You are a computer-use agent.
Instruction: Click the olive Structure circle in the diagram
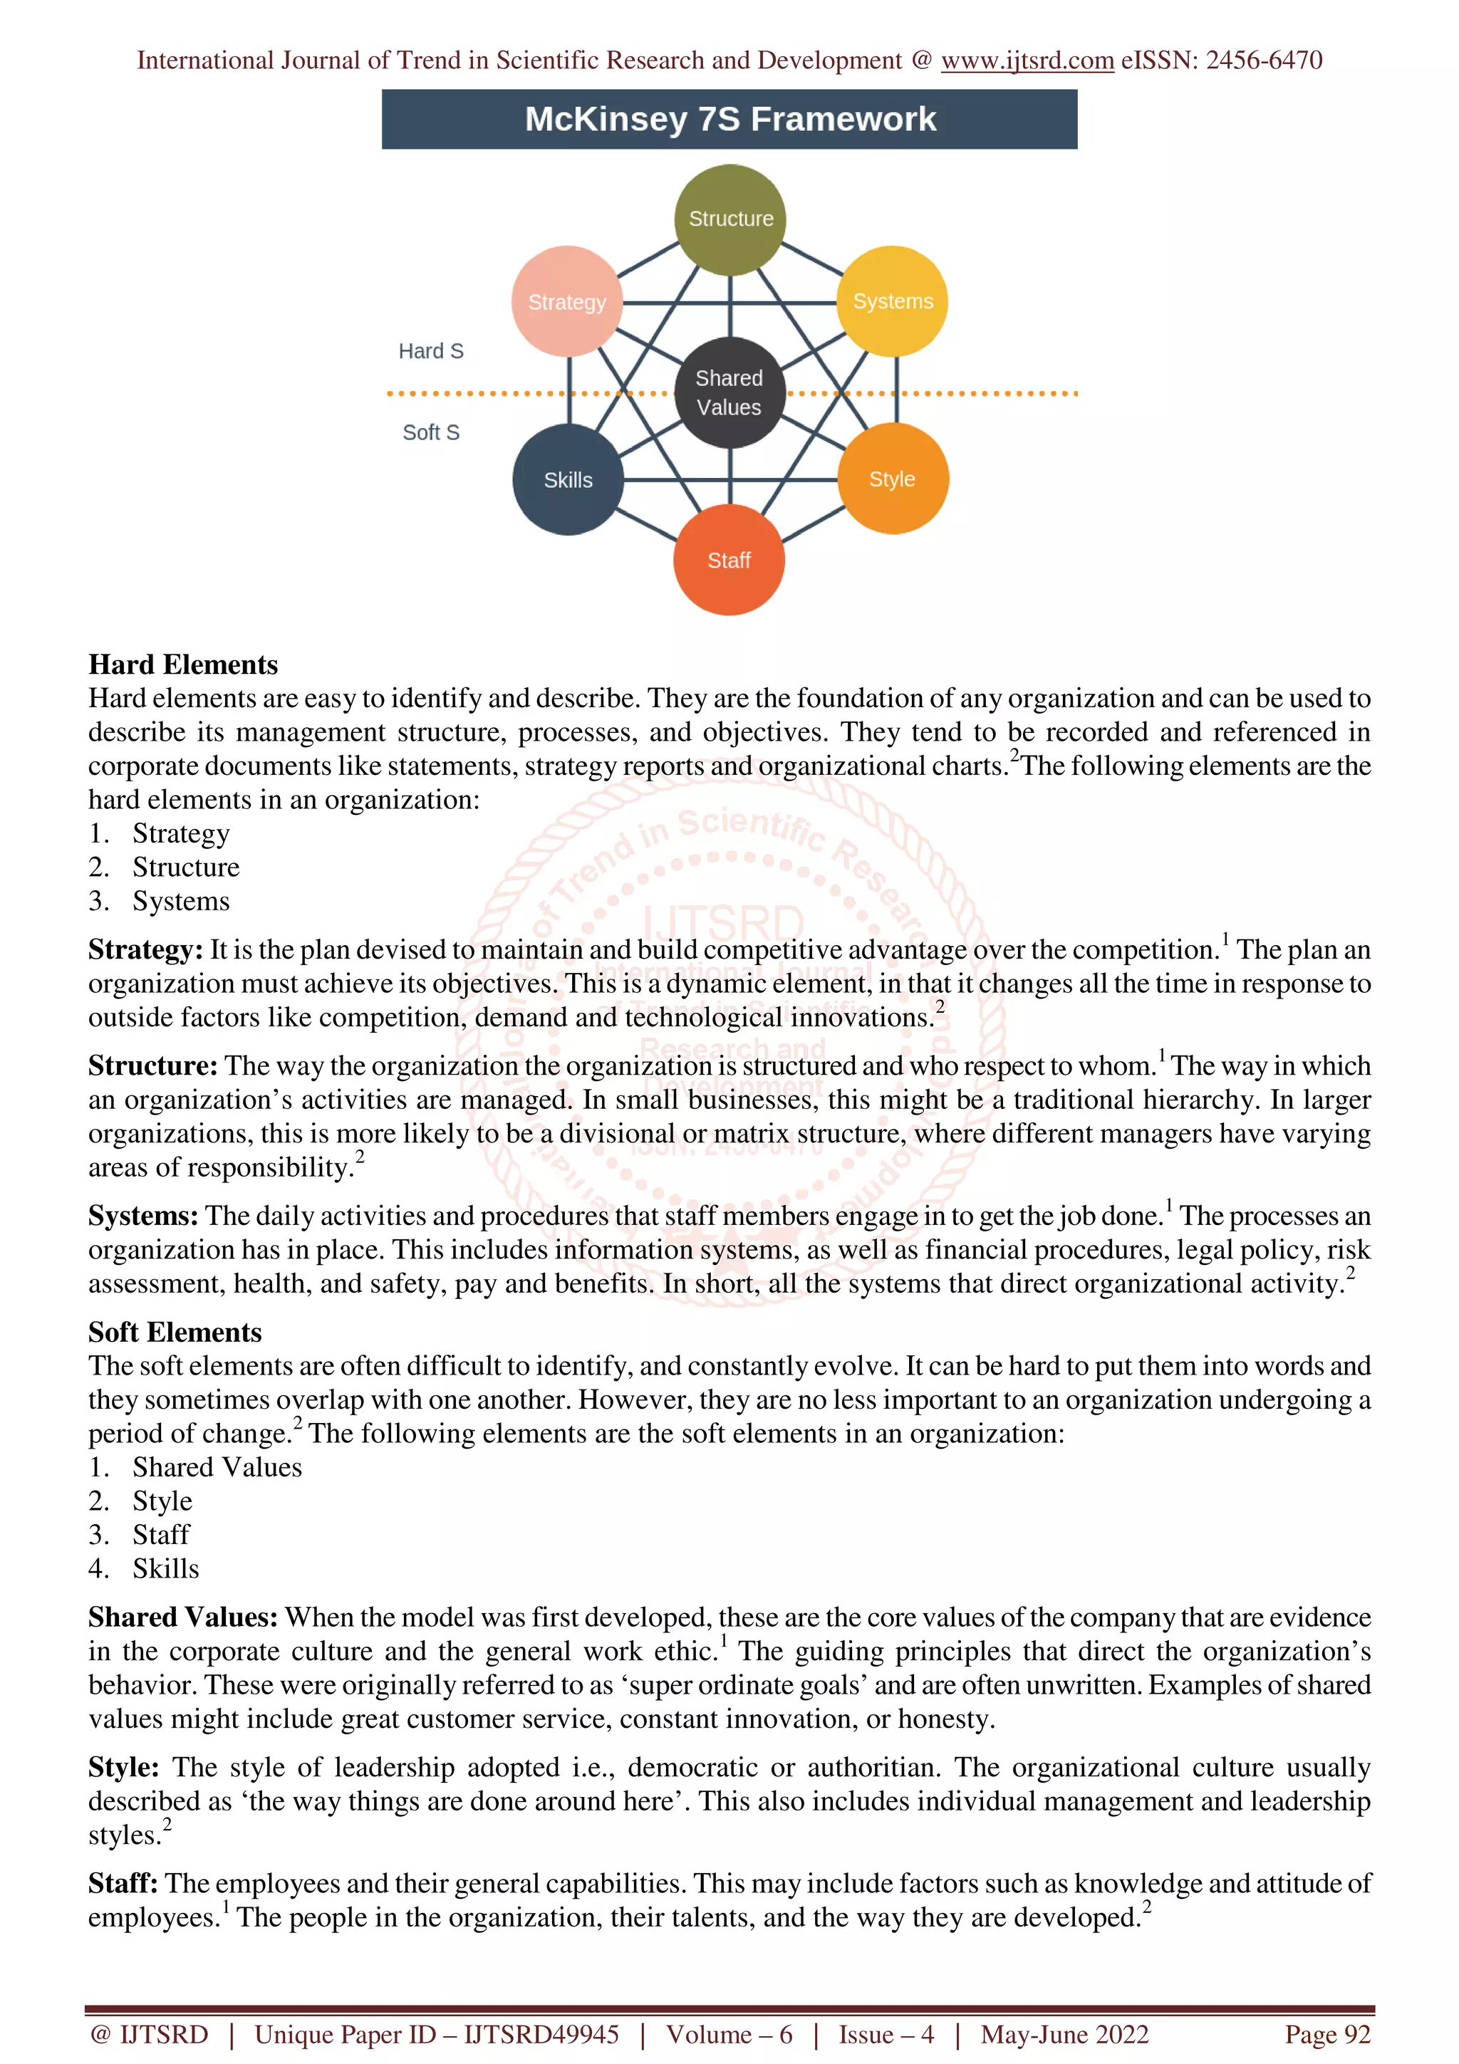point(730,219)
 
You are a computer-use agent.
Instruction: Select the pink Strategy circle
point(566,302)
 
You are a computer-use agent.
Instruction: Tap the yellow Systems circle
point(893,301)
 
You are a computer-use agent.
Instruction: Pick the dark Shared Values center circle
point(729,393)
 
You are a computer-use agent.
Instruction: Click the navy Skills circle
point(568,480)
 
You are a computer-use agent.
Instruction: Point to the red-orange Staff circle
point(729,560)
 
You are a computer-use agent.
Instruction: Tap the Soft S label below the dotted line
point(430,432)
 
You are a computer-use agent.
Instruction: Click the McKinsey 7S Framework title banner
point(729,120)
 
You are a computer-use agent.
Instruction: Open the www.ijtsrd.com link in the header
point(1027,61)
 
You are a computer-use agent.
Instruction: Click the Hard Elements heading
point(183,664)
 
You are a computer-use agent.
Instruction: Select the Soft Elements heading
point(175,1331)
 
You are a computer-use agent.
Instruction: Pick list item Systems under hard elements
point(181,901)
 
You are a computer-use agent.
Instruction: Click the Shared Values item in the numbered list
point(217,1467)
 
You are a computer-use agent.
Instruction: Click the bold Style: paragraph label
point(124,1767)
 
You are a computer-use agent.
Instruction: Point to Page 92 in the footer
point(1327,2034)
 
